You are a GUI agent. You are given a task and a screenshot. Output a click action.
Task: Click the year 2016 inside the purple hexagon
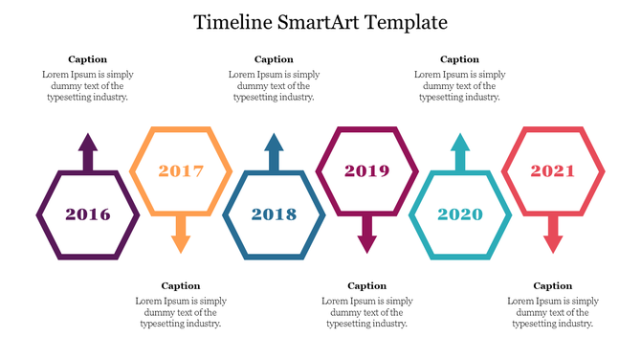87,214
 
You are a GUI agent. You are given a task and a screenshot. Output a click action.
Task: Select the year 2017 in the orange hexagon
181,171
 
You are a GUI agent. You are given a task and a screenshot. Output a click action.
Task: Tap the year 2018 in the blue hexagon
274,214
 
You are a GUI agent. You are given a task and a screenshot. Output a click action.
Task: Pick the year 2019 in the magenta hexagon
366,171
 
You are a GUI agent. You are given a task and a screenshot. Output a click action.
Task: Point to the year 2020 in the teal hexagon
460,214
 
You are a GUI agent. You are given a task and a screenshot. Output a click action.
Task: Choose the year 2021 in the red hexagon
553,171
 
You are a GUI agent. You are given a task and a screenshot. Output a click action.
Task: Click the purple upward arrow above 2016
87,151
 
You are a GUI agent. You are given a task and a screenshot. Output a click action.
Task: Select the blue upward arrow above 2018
274,151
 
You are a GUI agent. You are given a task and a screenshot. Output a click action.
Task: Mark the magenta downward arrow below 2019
366,234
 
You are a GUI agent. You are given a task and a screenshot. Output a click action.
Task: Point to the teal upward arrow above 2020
460,151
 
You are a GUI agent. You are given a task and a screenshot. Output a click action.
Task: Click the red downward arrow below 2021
553,234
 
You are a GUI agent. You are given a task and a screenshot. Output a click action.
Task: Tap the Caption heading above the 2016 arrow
87,59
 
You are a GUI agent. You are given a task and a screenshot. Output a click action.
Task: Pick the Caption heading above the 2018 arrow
274,59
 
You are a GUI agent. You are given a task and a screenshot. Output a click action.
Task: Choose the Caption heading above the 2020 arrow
459,59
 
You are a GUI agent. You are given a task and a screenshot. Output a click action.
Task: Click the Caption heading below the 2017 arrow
181,285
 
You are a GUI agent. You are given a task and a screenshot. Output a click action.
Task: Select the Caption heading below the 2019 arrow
366,285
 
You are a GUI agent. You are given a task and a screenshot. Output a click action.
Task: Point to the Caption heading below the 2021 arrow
552,285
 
